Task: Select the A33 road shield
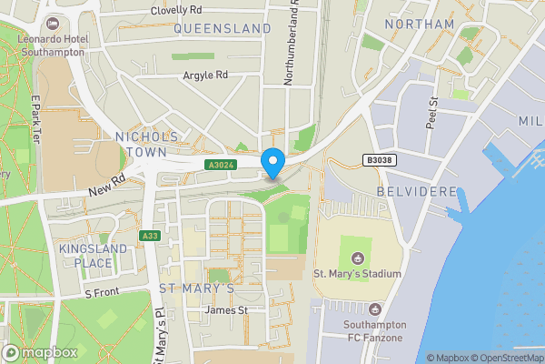pos(150,237)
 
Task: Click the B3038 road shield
pos(380,160)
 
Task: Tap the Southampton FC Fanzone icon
pos(375,310)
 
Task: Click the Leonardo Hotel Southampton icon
pos(52,23)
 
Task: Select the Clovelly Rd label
pos(177,10)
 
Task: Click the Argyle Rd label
pos(204,76)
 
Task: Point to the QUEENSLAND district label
pos(222,29)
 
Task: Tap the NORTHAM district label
pos(419,24)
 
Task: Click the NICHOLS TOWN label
pos(147,144)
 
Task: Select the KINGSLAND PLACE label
pos(86,256)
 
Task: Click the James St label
pos(227,310)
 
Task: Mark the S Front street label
pos(102,293)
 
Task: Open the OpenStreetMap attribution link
pos(507,358)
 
